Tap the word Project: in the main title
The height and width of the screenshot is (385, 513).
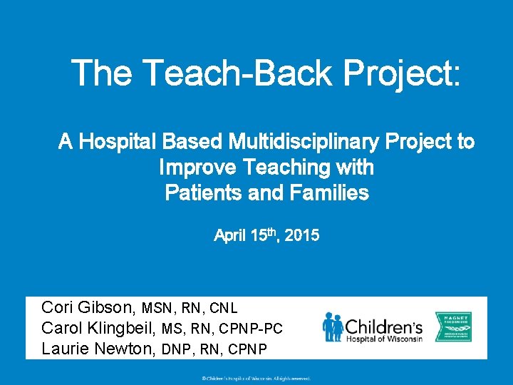[403, 73]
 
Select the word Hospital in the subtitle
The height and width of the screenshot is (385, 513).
[118, 142]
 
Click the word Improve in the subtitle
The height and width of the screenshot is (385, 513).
[198, 168]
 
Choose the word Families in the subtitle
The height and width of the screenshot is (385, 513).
[328, 192]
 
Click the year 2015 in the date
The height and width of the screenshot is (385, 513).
[302, 235]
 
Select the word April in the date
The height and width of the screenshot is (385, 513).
[230, 235]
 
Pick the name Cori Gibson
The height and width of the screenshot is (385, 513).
[88, 308]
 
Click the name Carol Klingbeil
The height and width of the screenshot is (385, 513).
[99, 328]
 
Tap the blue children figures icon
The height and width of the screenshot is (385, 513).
[332, 327]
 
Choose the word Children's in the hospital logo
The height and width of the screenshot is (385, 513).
[384, 326]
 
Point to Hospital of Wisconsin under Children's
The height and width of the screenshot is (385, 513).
[384, 339]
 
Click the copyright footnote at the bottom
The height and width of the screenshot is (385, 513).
[256, 379]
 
